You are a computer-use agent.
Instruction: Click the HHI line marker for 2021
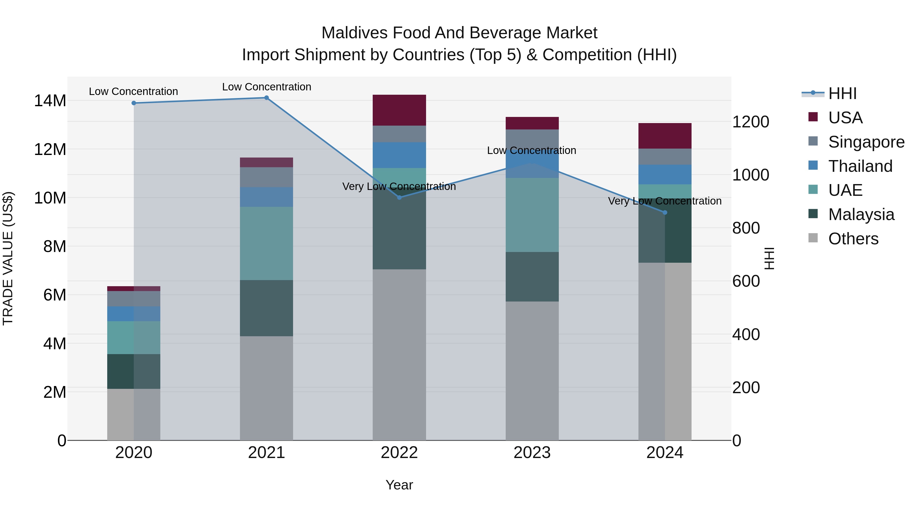pos(267,98)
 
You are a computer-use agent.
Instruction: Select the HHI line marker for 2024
pos(665,213)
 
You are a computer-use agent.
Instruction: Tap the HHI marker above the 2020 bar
pos(134,103)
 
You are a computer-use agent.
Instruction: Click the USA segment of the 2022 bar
pos(399,110)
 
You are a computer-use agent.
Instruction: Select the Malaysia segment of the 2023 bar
pos(532,277)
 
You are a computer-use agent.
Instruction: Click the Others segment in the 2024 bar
pos(665,352)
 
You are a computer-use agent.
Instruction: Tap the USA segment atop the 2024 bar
pos(665,136)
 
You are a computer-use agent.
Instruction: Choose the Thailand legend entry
pos(860,166)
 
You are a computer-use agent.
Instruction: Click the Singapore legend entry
pos(866,142)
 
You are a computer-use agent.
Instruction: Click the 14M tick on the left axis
pos(50,101)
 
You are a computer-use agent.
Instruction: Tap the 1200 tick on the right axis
pos(751,122)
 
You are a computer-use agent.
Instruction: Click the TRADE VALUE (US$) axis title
pos(8,258)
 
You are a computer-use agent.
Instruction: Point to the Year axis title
pos(399,485)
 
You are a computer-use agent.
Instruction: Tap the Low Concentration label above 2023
pos(531,151)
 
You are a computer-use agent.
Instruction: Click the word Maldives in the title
pos(354,33)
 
